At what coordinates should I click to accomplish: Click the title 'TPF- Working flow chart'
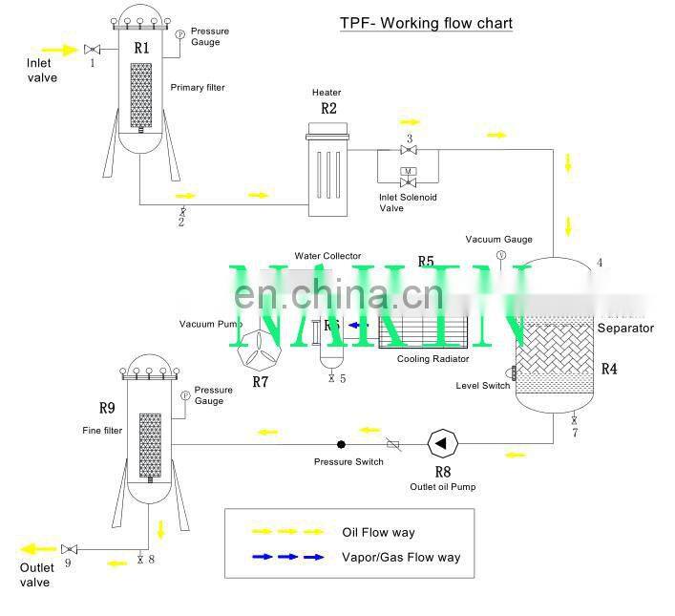tap(426, 23)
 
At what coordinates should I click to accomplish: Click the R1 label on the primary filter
tap(141, 47)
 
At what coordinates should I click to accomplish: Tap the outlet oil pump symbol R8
tap(443, 442)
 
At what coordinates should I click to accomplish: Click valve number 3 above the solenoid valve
tap(409, 150)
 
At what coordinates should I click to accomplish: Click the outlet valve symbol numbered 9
tap(69, 549)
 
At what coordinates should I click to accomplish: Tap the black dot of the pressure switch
tap(341, 444)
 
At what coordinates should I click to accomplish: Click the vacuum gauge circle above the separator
tap(500, 254)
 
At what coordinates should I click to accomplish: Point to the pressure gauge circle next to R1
tap(179, 34)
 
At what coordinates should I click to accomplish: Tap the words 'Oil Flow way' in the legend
tap(378, 532)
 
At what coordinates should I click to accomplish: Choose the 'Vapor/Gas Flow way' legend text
tap(401, 557)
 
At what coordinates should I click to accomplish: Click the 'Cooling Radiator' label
tap(433, 359)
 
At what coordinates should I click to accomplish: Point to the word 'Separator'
tap(624, 329)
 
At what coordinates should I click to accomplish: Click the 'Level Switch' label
tap(482, 386)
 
